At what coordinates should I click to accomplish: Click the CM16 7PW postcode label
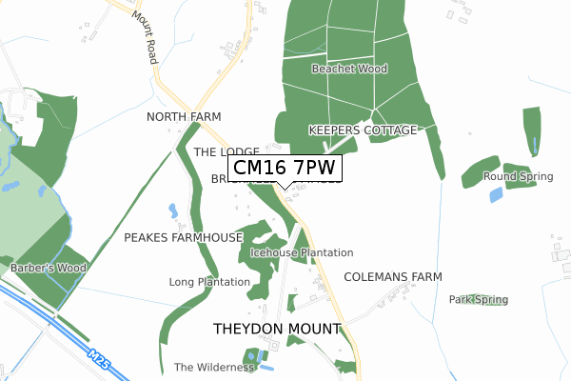[x=285, y=168]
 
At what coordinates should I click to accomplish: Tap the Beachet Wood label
[x=350, y=70]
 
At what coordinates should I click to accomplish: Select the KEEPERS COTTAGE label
[x=363, y=130]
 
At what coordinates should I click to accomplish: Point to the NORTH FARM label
[x=184, y=116]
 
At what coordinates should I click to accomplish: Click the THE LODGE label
[x=226, y=152]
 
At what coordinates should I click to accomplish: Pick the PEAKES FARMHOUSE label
[x=184, y=236]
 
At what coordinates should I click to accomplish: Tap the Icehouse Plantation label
[x=302, y=252]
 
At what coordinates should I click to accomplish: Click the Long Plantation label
[x=209, y=282]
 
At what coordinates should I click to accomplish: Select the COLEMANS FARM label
[x=393, y=276]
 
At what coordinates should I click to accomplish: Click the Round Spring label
[x=518, y=177]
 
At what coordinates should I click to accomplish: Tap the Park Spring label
[x=479, y=299]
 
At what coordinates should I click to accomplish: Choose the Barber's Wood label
[x=49, y=269]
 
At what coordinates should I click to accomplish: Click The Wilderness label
[x=214, y=367]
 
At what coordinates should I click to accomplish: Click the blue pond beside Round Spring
[x=496, y=194]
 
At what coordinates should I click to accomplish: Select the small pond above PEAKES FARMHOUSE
[x=172, y=210]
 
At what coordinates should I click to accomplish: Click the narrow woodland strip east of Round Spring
[x=531, y=132]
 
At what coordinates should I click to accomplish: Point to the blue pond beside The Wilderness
[x=267, y=367]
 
